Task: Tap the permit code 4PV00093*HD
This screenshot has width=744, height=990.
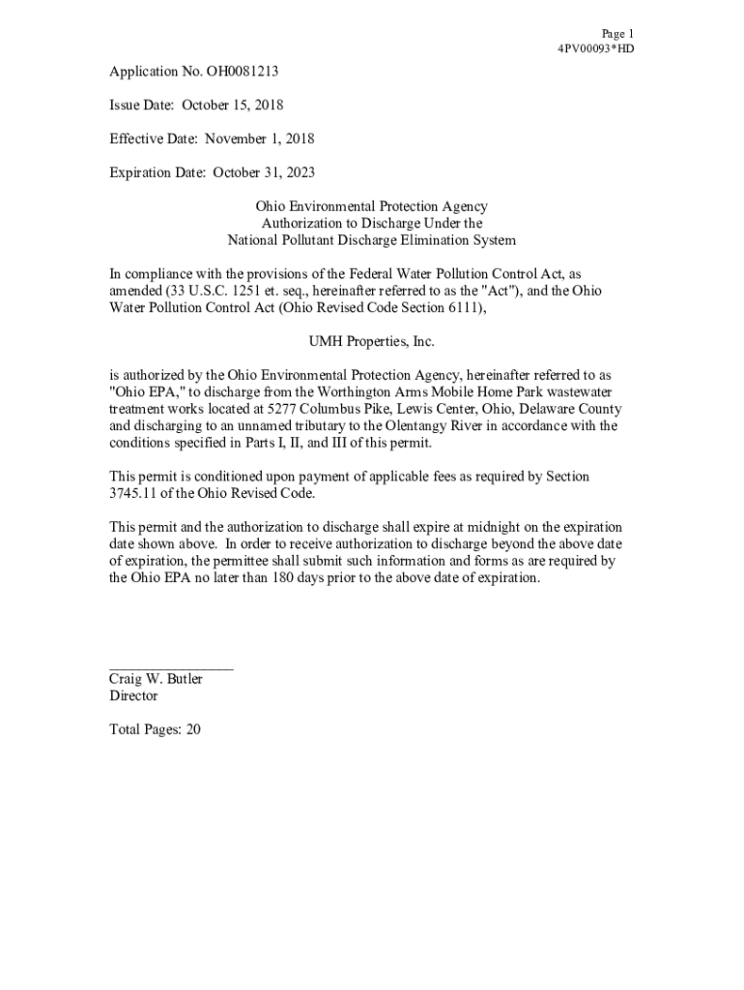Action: (x=596, y=48)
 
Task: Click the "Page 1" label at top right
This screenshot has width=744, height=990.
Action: (x=616, y=34)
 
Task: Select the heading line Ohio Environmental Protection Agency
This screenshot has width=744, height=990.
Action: (x=371, y=207)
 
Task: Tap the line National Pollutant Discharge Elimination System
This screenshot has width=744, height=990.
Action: (x=371, y=240)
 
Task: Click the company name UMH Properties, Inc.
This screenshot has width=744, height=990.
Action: (x=371, y=341)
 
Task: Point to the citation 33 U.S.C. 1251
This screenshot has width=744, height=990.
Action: (x=203, y=290)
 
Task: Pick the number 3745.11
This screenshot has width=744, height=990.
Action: (x=134, y=493)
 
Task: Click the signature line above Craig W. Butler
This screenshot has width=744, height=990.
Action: (x=171, y=667)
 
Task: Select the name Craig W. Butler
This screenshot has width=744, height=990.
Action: (x=156, y=679)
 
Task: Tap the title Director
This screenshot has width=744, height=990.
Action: (x=133, y=696)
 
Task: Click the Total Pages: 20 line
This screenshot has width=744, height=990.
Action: (x=155, y=730)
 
